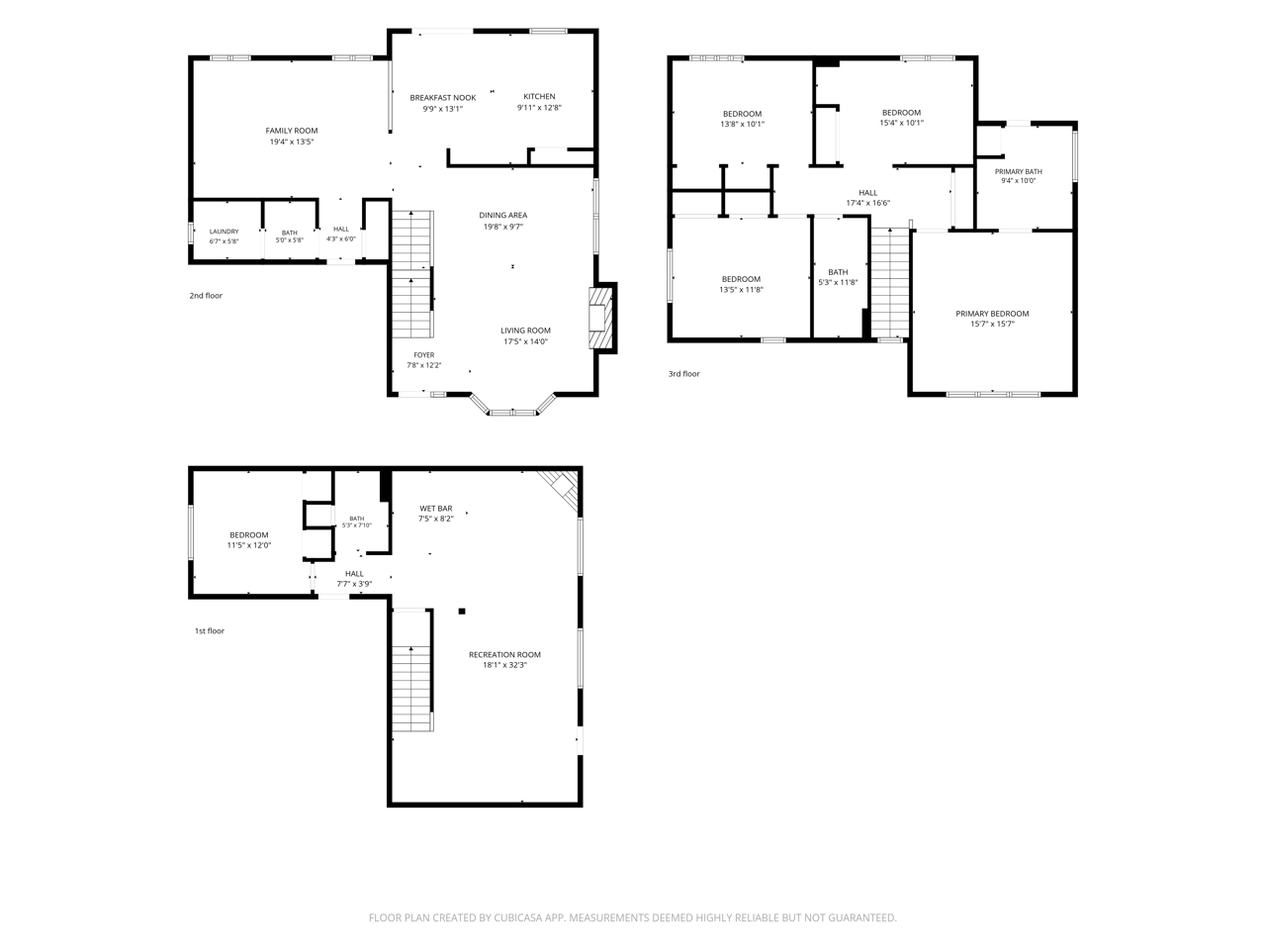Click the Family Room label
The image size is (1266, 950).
click(x=291, y=131)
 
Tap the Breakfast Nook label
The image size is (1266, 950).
click(x=442, y=98)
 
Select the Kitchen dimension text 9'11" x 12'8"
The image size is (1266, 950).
click(x=539, y=107)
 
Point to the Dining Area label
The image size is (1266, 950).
click(x=503, y=215)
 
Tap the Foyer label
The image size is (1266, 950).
click(x=424, y=355)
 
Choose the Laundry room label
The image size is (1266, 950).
click(x=224, y=232)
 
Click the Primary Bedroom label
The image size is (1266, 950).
click(x=992, y=314)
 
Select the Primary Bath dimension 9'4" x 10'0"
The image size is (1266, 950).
click(x=1018, y=181)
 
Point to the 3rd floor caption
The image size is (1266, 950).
click(x=684, y=374)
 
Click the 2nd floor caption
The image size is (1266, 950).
click(x=206, y=296)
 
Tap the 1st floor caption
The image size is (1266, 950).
click(x=210, y=631)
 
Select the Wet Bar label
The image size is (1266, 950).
click(x=435, y=509)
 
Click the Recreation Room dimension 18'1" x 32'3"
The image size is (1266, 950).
click(x=504, y=665)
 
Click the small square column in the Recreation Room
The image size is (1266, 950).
click(x=462, y=612)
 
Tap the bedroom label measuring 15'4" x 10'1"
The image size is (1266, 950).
click(x=901, y=113)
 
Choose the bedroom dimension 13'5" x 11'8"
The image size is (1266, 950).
click(x=741, y=290)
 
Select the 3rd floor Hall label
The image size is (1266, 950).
click(x=867, y=193)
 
